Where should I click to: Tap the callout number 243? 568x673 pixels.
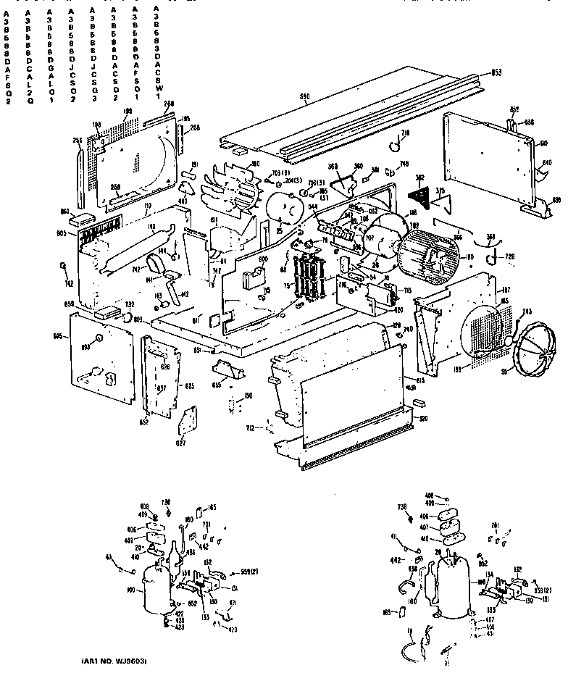526,312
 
